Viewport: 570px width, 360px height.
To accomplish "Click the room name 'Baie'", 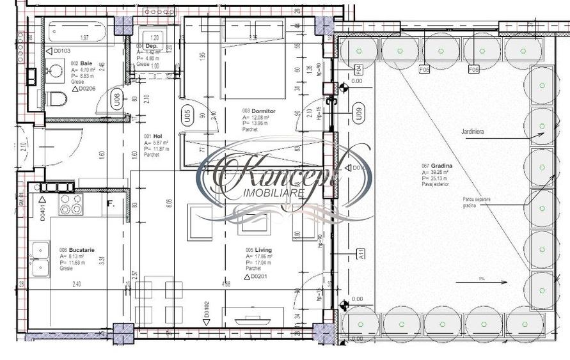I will tap(86, 63).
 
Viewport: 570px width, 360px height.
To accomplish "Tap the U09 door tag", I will tap(359, 113).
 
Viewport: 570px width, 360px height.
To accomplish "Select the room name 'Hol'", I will tap(157, 136).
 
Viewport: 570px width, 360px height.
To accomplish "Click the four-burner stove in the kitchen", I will tap(70, 203).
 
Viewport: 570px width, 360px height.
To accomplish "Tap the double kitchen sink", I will tap(41, 258).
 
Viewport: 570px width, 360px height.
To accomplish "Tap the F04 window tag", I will tap(358, 68).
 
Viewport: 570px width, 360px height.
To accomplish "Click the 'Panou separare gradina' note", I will tap(477, 203).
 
